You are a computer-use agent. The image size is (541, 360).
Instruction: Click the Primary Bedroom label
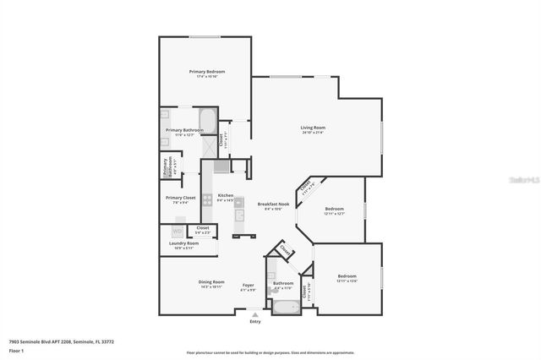click(x=205, y=72)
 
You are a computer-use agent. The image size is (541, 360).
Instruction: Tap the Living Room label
click(x=313, y=128)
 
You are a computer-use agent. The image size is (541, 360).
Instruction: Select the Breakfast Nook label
click(x=274, y=204)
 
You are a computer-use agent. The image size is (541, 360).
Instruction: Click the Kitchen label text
click(x=225, y=195)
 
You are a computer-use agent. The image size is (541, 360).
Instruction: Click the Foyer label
click(x=248, y=285)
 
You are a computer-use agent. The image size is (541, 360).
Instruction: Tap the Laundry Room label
click(x=183, y=243)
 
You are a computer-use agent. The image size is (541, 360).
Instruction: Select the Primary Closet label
click(x=179, y=198)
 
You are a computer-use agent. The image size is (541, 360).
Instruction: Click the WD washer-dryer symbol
click(x=178, y=231)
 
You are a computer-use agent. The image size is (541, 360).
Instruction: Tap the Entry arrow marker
click(x=255, y=315)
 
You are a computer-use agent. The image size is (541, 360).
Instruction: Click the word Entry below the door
click(x=255, y=322)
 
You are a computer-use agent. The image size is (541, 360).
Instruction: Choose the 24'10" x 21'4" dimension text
click(x=313, y=133)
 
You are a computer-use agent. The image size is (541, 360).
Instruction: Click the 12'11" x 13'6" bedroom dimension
click(x=347, y=281)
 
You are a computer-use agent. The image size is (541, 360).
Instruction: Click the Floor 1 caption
click(x=16, y=350)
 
